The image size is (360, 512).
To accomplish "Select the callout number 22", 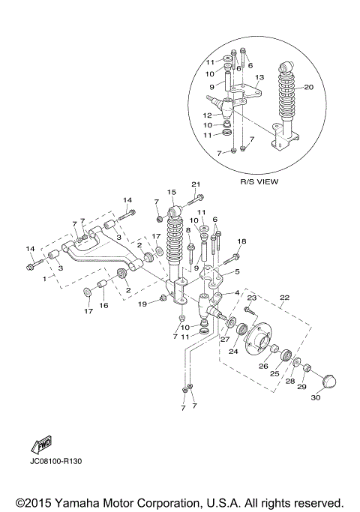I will click(283, 297).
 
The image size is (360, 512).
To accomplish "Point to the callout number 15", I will click(171, 192).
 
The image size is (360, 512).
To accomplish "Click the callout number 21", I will click(196, 184).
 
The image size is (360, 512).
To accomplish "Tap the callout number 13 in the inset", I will click(259, 77).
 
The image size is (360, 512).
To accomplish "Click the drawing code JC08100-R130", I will click(55, 460).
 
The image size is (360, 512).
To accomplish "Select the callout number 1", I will click(28, 278).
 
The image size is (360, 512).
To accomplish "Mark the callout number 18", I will click(241, 241).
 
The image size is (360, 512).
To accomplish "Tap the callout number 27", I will click(224, 339).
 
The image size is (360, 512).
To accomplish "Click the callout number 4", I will click(237, 292).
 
